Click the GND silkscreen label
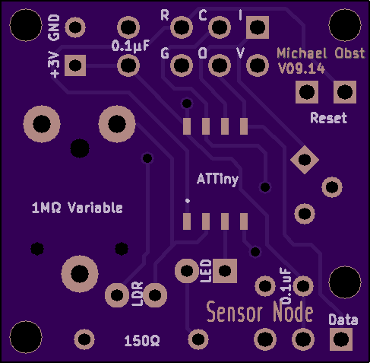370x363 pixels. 54,27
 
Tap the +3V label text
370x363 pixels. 54,65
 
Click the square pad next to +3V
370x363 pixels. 75,65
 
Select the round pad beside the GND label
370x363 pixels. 75,27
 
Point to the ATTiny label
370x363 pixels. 217,180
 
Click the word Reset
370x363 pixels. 329,118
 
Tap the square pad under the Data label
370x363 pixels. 341,339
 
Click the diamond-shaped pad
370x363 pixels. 305,160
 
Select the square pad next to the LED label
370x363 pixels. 225,271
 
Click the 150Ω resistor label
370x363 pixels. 142,341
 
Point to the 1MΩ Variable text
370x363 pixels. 77,208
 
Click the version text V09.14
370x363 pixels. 302,68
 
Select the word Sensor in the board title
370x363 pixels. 235,312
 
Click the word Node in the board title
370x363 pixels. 293,311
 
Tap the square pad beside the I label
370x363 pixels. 258,27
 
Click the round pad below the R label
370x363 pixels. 182,27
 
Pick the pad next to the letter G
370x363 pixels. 182,65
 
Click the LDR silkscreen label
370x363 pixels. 138,294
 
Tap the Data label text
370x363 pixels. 343,320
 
